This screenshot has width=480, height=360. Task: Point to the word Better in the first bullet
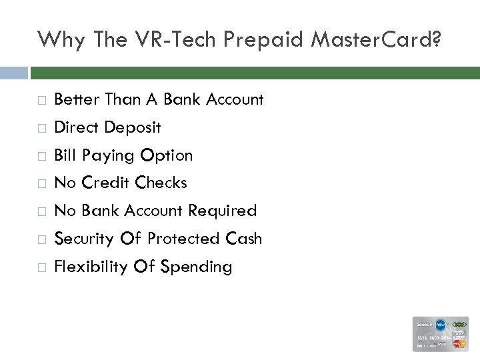(75, 100)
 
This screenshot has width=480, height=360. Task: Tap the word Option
(165, 156)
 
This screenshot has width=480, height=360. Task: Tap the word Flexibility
(91, 267)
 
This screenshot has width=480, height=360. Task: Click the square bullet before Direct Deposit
(41, 128)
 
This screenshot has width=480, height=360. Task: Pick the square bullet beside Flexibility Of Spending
(41, 268)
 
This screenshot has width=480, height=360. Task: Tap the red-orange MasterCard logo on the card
(459, 345)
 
